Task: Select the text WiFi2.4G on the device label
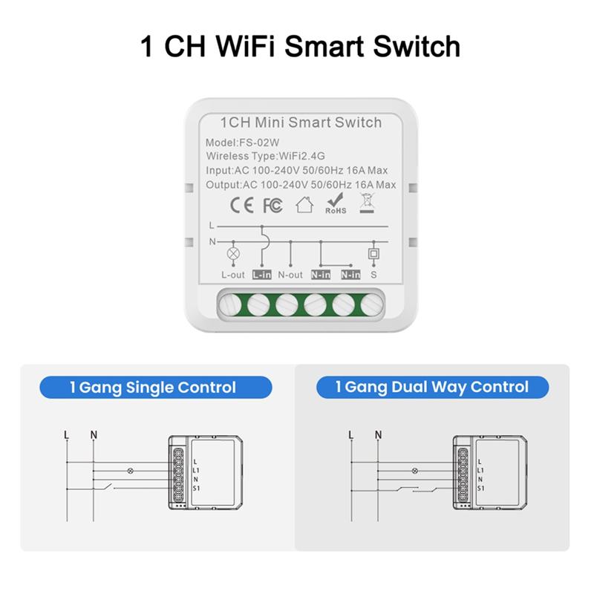pyautogui.click(x=304, y=156)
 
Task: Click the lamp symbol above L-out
pyautogui.click(x=232, y=253)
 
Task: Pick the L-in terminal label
pyautogui.click(x=262, y=275)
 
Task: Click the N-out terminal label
pyautogui.click(x=290, y=275)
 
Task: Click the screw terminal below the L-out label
pyautogui.click(x=232, y=304)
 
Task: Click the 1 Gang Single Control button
pyautogui.click(x=152, y=388)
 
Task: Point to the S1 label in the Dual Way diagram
pyautogui.click(x=481, y=488)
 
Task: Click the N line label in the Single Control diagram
pyautogui.click(x=92, y=435)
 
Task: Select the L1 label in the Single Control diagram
pyautogui.click(x=195, y=471)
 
